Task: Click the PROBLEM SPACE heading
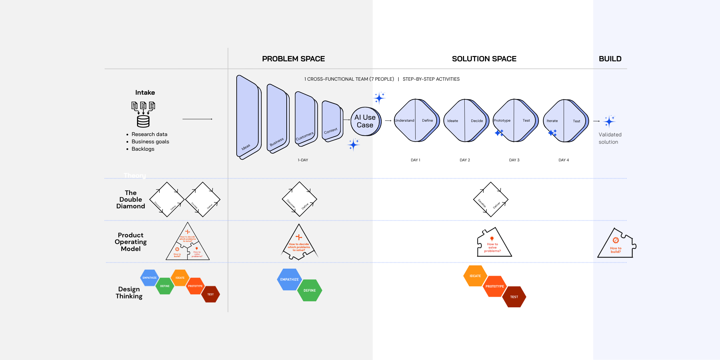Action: coord(293,59)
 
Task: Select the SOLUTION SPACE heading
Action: coord(484,59)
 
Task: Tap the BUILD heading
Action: coord(610,59)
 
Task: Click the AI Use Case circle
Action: coord(365,121)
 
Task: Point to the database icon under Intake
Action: coord(143,121)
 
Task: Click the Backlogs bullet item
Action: coord(143,149)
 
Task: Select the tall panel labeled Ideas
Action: coord(247,117)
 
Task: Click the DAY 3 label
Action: coord(514,160)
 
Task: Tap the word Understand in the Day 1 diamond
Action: coord(404,121)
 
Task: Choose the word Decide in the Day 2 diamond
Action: coord(477,121)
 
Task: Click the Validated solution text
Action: coord(610,138)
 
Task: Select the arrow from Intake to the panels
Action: coord(197,119)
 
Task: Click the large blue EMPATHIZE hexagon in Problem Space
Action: coord(289,279)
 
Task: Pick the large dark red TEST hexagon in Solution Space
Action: coord(514,297)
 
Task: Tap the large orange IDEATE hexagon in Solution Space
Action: coord(475,276)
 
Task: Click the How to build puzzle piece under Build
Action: coord(616,245)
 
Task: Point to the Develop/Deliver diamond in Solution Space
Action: coord(491,199)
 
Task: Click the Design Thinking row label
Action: coord(129,293)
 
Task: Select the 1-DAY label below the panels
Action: coord(303,160)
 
